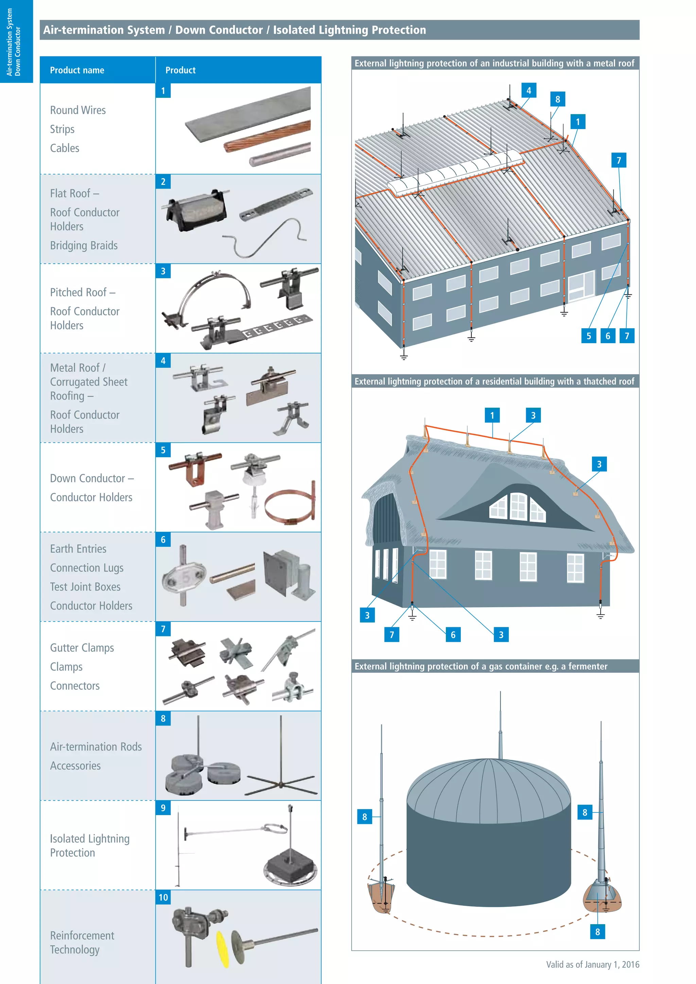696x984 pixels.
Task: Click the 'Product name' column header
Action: tap(77, 70)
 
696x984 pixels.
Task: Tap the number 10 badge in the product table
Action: tap(163, 897)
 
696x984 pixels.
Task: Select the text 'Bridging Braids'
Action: tap(84, 246)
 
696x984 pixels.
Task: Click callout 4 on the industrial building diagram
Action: tap(528, 91)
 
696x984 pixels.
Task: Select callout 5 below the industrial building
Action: tap(588, 336)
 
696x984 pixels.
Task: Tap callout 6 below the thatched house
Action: tap(453, 635)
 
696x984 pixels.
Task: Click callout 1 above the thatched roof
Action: tap(492, 415)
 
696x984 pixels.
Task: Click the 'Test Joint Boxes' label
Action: tap(85, 587)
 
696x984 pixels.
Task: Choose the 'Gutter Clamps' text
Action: tap(82, 648)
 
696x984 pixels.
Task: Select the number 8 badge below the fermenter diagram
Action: tap(597, 932)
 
